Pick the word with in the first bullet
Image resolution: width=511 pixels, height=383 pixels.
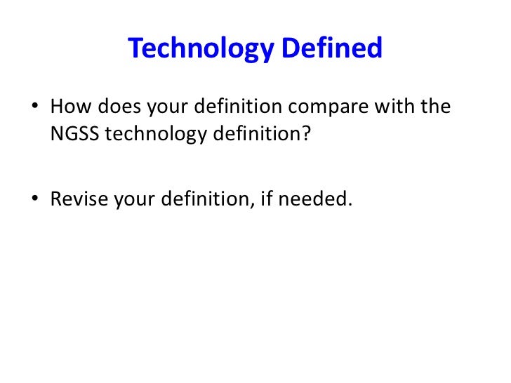point(397,108)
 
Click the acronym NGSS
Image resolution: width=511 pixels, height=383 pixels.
point(74,134)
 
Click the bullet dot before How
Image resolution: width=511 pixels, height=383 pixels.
point(35,109)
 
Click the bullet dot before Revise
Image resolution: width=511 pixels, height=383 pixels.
point(35,199)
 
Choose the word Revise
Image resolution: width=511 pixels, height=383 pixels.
point(74,199)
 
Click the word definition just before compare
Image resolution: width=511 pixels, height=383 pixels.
point(236,108)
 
